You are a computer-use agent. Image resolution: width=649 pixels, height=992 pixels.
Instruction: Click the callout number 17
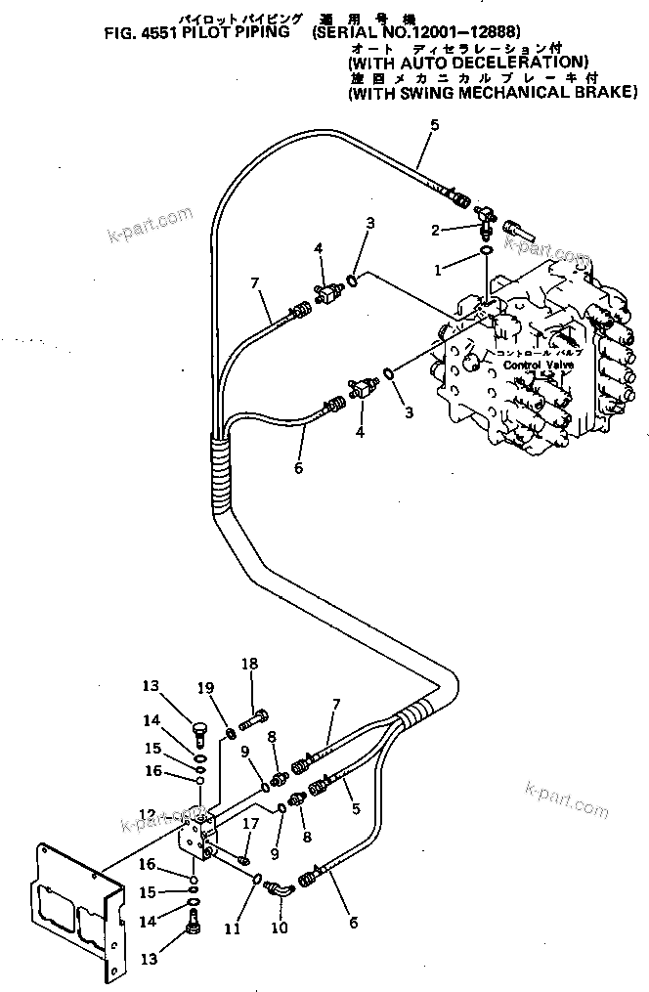[249, 824]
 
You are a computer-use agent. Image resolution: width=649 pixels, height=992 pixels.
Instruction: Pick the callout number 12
[147, 812]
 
